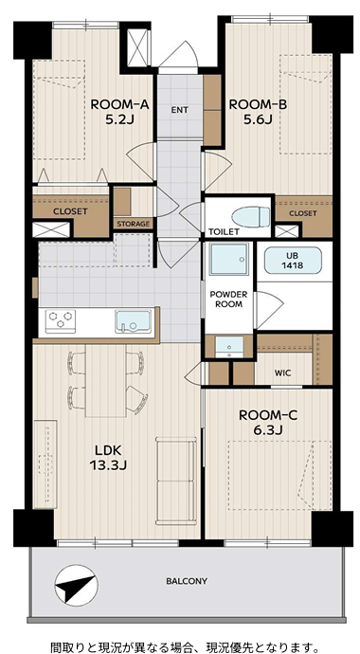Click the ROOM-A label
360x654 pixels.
pyautogui.click(x=120, y=104)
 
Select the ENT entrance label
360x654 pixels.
pyautogui.click(x=180, y=110)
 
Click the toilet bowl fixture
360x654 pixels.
pyautogui.click(x=251, y=217)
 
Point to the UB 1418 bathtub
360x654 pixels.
pyautogui.click(x=293, y=261)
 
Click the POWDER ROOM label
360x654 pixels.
pyautogui.click(x=228, y=300)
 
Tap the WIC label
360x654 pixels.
pyautogui.click(x=283, y=372)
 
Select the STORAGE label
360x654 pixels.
pyautogui.click(x=133, y=224)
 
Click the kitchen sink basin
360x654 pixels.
pyautogui.click(x=133, y=321)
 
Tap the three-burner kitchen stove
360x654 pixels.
pyautogui.click(x=61, y=321)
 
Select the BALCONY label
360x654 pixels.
pyautogui.click(x=187, y=581)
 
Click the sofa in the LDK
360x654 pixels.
pyautogui.click(x=176, y=481)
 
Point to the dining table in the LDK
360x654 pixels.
pyautogui.click(x=106, y=380)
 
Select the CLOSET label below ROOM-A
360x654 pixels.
pyautogui.click(x=70, y=211)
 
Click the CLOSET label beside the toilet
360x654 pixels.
pyautogui.click(x=303, y=213)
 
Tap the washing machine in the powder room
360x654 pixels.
pyautogui.click(x=228, y=259)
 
